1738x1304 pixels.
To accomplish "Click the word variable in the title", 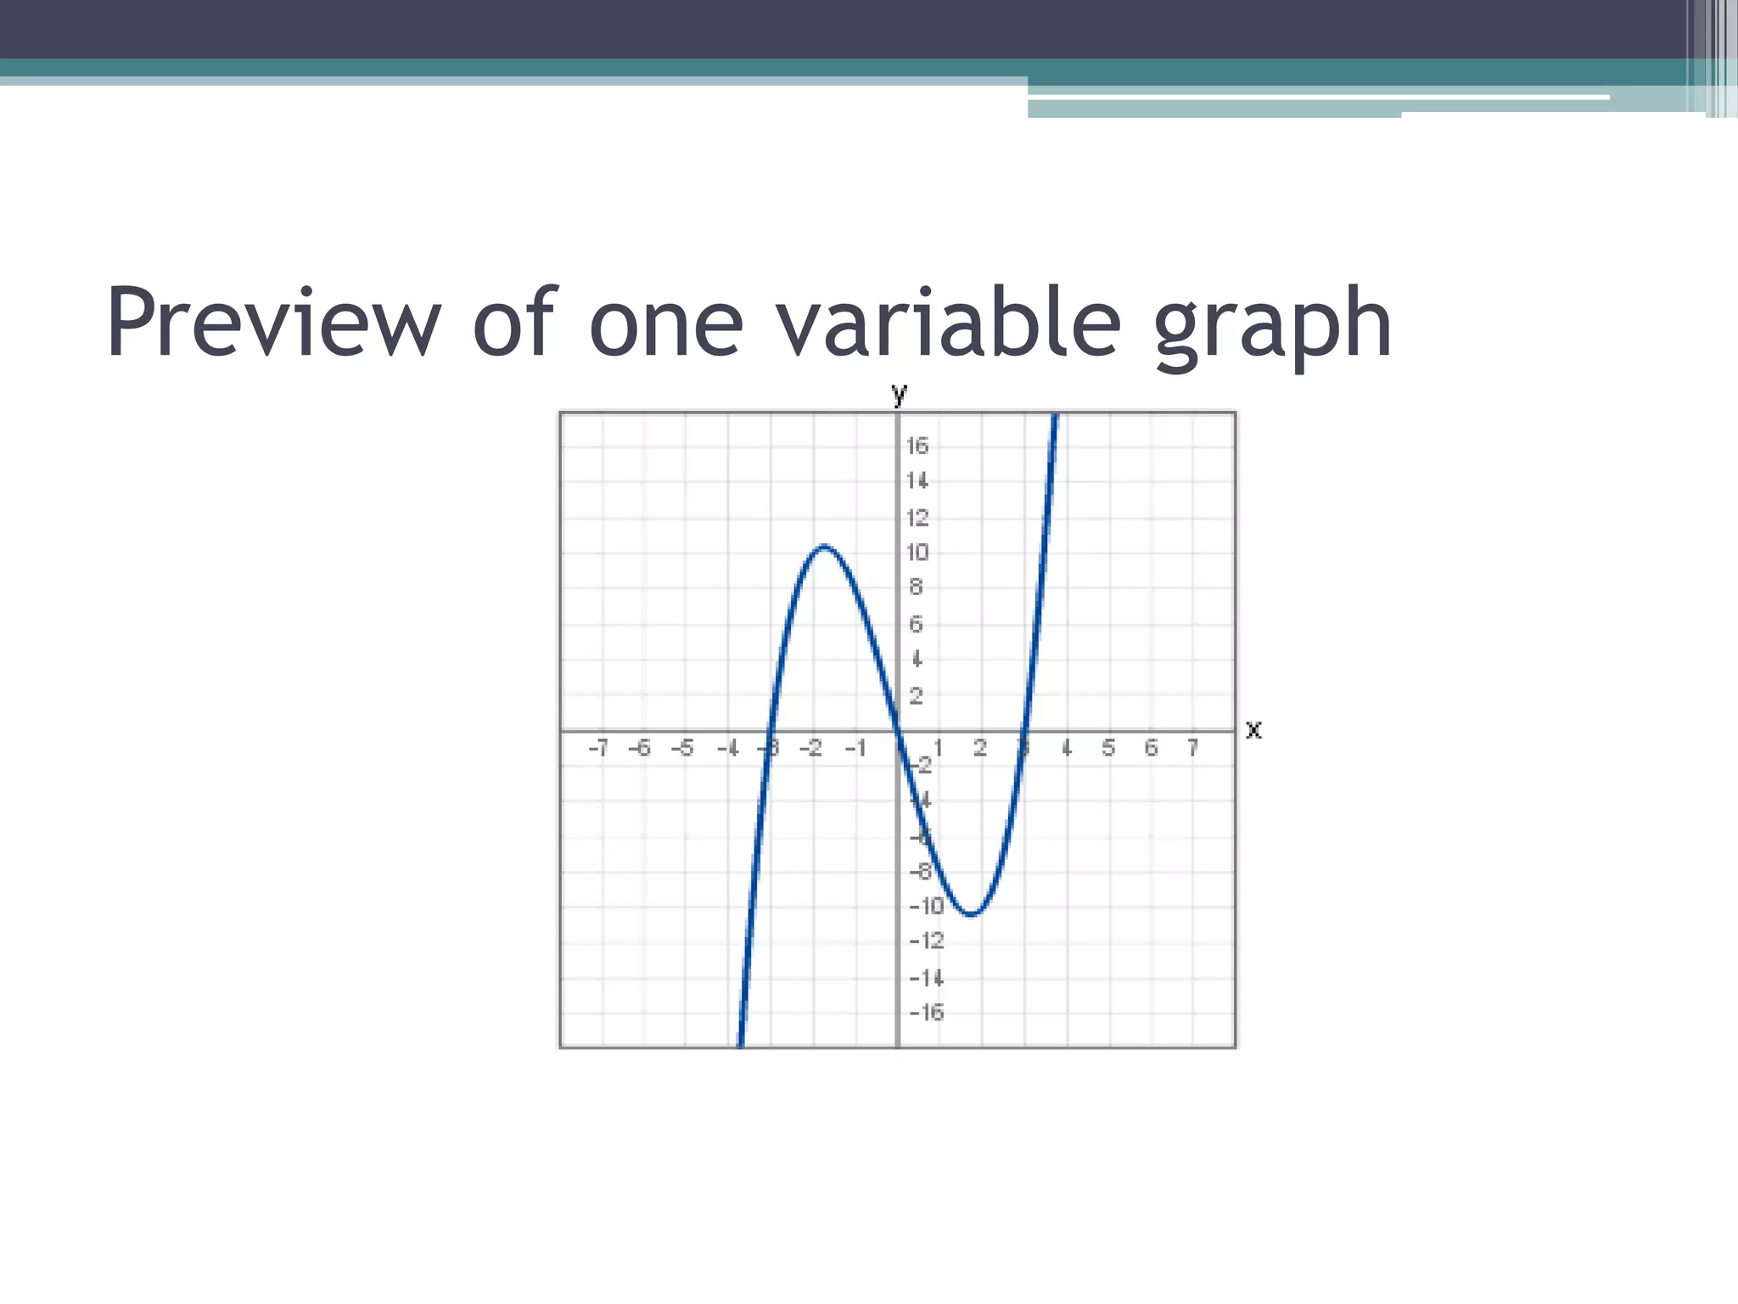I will coord(950,323).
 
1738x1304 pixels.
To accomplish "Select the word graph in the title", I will coord(1273,327).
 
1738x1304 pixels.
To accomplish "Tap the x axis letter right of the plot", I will coord(1253,729).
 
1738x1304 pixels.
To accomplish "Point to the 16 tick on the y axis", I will coord(917,446).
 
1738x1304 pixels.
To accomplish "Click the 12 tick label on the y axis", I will coord(917,518).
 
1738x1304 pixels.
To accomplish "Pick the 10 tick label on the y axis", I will coord(917,553).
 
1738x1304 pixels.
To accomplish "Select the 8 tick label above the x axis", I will coord(916,587).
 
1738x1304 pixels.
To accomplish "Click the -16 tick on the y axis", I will coord(927,1012).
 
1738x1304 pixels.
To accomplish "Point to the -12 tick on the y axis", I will coord(927,941).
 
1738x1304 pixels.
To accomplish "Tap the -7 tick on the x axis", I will coord(598,748).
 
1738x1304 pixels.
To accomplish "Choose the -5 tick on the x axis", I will coord(682,748).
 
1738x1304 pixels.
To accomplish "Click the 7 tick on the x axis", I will coord(1193,748).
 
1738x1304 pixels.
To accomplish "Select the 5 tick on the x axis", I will coord(1108,748).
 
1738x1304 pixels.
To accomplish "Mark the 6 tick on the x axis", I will coord(1151,748).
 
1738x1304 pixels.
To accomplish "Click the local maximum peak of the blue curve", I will coord(824,547).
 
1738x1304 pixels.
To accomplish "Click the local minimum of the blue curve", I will coord(972,914).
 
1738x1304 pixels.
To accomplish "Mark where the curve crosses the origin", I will coord(898,730).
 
